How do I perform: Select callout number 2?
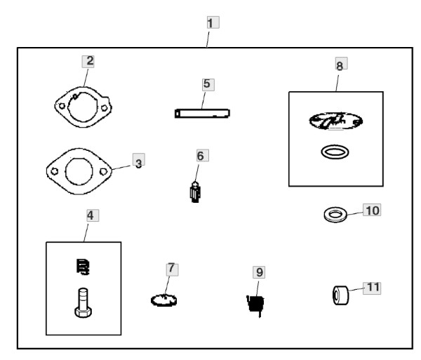[89, 60]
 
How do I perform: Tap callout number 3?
[138, 163]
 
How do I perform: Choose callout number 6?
[201, 156]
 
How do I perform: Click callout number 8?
[340, 65]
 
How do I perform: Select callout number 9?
[259, 271]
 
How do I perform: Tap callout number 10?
[372, 210]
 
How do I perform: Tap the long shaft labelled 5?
[203, 112]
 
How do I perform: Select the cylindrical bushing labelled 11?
[342, 295]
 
